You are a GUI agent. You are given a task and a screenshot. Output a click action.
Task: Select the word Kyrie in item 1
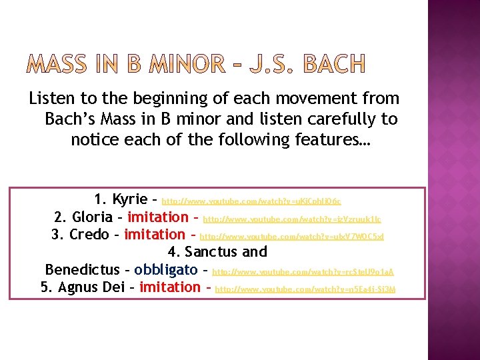tap(130, 199)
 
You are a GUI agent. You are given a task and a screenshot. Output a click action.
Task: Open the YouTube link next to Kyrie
tap(251, 201)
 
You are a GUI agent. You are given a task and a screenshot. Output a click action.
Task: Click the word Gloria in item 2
tap(93, 217)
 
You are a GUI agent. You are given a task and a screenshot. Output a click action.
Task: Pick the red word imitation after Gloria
tap(158, 217)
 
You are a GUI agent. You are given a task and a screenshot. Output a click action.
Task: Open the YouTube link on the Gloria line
tap(292, 218)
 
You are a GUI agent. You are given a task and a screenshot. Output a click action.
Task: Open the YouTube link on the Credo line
tap(292, 236)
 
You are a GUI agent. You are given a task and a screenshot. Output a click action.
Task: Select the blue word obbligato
tap(165, 269)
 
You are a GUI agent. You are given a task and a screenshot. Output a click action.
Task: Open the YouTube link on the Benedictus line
tap(303, 272)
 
